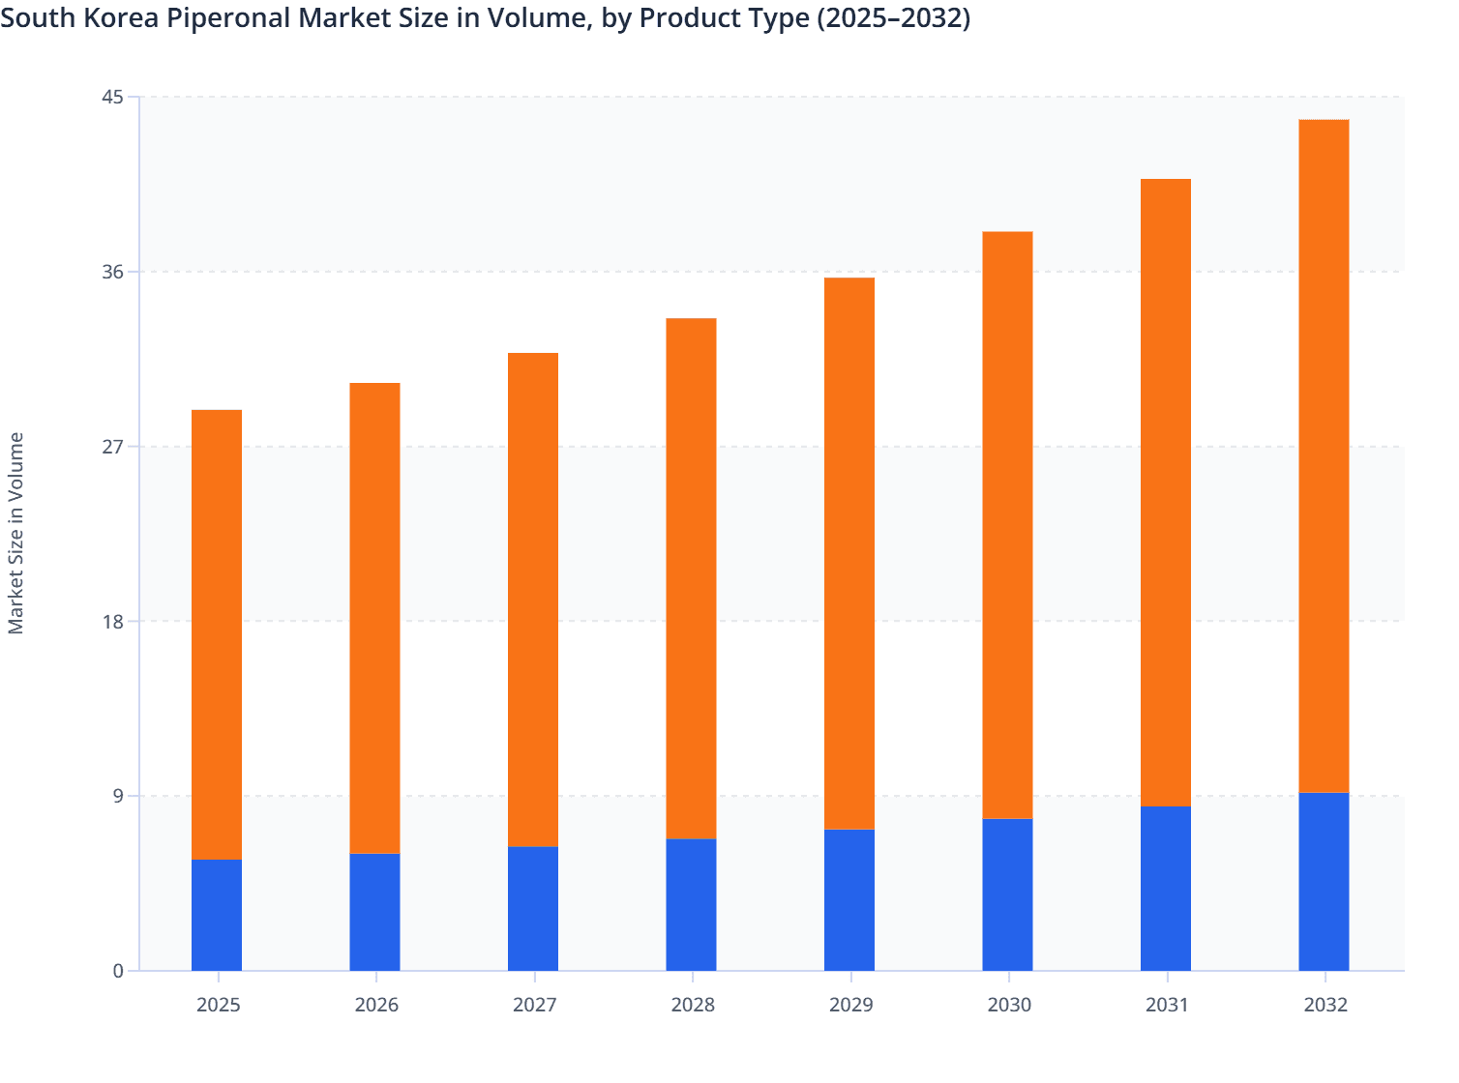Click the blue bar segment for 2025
point(217,915)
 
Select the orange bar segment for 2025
point(217,634)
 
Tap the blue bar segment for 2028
point(691,904)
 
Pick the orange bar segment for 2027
point(533,600)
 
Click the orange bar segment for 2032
point(1324,455)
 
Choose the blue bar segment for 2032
point(1324,881)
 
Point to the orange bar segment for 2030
point(1007,525)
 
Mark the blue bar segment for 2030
point(1007,894)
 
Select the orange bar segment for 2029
point(849,553)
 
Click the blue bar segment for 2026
point(374,912)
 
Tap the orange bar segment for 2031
point(1166,492)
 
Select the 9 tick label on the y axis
point(118,796)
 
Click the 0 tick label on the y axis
point(118,971)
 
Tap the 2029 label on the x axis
point(850,1005)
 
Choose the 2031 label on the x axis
point(1167,1005)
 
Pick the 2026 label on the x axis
point(376,1005)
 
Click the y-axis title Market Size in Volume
point(16,533)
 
